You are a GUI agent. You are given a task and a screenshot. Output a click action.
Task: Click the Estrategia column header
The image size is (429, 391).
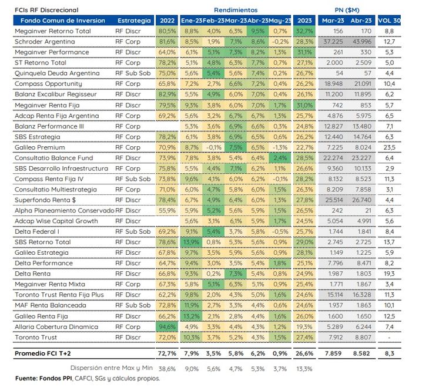[x=134, y=21]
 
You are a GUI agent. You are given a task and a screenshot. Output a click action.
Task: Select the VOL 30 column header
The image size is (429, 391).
[x=389, y=21]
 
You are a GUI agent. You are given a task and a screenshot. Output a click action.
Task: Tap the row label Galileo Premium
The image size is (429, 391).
[x=40, y=147]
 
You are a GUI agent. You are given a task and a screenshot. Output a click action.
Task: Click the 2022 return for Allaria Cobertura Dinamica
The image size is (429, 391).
[x=167, y=327]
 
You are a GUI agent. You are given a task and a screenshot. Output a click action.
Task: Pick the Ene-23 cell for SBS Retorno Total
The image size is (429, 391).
[x=191, y=242]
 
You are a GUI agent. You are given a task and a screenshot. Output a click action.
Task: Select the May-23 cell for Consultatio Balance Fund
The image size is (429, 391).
[x=280, y=158]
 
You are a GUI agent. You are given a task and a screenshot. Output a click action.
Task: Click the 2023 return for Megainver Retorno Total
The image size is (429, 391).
[x=304, y=31]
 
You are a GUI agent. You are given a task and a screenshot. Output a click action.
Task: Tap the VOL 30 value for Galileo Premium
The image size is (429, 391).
[x=389, y=147]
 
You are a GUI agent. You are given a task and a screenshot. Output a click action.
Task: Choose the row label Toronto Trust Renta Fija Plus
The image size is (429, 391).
[x=59, y=295]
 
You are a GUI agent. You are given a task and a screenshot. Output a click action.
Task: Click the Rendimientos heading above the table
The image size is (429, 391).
[x=236, y=10]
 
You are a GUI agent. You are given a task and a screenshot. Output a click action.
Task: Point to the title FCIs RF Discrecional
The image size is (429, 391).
[x=46, y=10]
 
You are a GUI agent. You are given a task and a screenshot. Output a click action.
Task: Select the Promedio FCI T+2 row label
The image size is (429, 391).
[x=43, y=353]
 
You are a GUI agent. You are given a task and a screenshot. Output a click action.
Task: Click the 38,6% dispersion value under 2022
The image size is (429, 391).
[x=167, y=369]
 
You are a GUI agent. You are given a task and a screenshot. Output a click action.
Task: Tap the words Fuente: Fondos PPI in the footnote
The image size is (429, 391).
[x=43, y=379]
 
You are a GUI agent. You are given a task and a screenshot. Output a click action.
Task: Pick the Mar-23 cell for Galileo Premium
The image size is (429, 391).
[x=236, y=147]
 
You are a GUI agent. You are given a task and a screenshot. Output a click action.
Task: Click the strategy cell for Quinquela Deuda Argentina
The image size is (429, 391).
[x=133, y=73]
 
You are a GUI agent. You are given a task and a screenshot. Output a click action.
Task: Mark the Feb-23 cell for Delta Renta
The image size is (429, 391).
[x=213, y=274]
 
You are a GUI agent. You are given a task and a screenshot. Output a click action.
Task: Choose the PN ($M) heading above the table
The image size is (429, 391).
[x=347, y=10]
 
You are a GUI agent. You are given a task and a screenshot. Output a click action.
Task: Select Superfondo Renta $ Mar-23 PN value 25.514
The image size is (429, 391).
[x=334, y=200]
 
